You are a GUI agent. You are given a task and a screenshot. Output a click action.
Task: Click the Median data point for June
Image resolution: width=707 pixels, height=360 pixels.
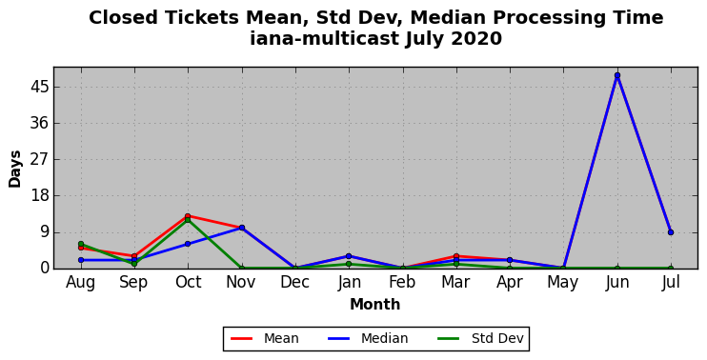617,75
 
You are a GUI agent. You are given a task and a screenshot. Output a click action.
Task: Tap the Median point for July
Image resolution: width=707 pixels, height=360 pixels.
671,232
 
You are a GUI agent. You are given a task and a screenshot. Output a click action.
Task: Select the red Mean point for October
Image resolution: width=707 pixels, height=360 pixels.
188,216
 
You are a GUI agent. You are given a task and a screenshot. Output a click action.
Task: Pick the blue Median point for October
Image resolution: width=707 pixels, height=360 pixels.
188,244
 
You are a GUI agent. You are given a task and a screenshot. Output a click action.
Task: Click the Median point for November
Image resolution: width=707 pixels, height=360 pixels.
242,228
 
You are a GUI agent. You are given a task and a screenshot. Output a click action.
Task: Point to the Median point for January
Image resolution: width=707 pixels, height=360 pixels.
349,256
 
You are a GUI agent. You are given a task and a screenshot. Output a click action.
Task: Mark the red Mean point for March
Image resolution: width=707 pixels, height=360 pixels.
455,256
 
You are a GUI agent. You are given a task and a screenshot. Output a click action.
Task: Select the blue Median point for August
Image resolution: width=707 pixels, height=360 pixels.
81,260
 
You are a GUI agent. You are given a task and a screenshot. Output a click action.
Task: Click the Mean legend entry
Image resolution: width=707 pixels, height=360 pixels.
265,338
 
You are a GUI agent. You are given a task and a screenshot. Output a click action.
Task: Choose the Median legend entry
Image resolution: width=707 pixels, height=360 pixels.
368,338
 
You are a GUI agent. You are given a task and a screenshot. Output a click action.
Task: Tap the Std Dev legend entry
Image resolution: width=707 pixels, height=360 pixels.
480,338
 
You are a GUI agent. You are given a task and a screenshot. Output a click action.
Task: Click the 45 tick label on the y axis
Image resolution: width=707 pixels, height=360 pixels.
39,87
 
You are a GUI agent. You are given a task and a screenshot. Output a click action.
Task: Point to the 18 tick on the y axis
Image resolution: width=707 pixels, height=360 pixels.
39,196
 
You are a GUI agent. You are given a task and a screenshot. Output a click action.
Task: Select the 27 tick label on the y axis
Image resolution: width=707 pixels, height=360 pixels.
39,159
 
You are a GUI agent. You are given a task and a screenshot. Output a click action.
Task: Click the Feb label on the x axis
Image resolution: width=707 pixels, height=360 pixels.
402,282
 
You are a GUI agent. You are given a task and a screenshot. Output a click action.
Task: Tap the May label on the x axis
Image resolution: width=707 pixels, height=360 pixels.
563,283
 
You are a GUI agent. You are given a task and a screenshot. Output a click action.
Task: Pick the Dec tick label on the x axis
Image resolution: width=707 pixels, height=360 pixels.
294,282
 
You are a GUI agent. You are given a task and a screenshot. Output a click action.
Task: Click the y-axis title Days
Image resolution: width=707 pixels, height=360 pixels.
15,169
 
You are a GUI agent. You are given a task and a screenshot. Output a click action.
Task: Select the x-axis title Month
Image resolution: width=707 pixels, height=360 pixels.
375,304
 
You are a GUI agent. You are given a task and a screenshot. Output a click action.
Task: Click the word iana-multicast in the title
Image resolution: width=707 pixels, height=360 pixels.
325,39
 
